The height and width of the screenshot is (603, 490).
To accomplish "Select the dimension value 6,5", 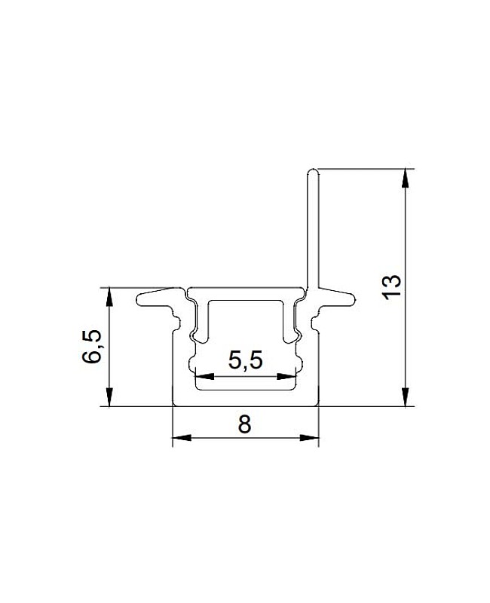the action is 92,346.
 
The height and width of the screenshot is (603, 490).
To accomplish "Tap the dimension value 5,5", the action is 246,361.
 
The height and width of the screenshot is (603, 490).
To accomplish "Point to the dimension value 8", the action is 244,424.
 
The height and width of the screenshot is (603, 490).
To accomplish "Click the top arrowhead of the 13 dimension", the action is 405,178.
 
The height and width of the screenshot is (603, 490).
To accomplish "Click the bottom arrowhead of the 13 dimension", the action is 405,397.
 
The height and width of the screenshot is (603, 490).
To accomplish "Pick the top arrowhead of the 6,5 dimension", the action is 109,296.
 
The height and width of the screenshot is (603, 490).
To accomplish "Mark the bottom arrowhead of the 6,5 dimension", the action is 109,397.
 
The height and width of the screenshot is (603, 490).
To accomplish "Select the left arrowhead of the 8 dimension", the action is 182,438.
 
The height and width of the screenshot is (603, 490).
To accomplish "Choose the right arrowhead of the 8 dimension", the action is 310,438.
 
